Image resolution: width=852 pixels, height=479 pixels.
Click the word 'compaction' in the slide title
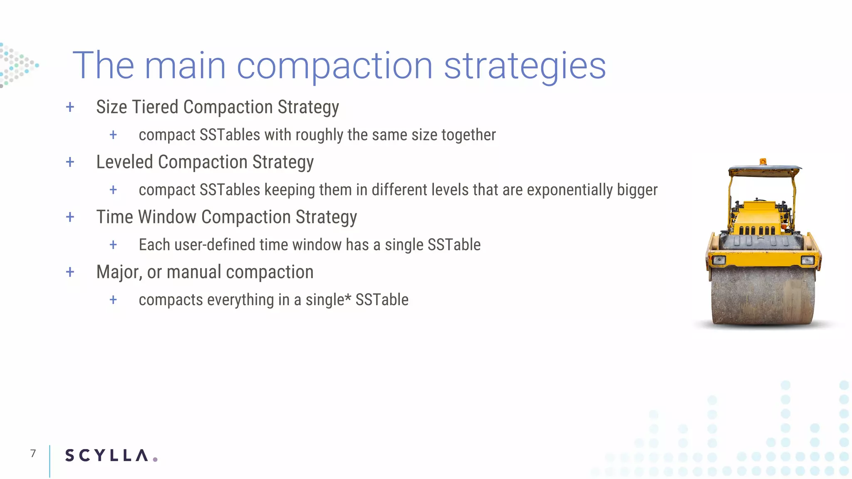tap(334, 67)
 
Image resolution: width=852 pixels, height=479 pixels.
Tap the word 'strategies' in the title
tap(525, 67)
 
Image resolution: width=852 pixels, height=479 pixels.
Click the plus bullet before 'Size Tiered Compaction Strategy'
tap(70, 107)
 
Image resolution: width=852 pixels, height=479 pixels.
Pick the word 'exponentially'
tap(570, 190)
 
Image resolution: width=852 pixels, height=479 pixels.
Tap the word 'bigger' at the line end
tap(637, 190)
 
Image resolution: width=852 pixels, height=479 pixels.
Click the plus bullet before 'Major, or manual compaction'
tap(70, 272)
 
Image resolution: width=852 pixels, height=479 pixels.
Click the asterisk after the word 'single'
tap(348, 298)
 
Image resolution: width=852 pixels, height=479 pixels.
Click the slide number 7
tap(33, 453)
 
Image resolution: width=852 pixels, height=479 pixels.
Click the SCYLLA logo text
tap(106, 456)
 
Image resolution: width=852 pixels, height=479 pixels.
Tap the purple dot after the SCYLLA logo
tap(155, 459)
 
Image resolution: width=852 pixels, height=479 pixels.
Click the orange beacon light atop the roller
tap(763, 161)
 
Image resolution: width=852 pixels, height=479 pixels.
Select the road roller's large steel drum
tap(762, 296)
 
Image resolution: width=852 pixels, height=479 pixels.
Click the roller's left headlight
tap(719, 260)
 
